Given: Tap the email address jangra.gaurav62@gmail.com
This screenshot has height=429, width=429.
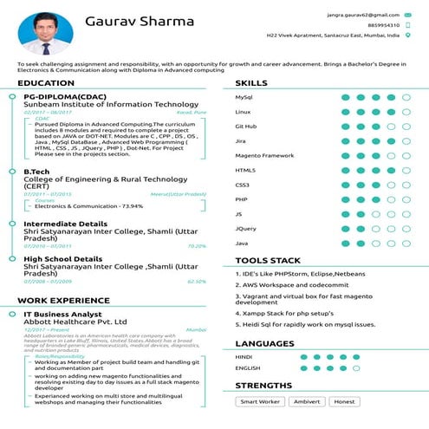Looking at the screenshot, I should click(x=357, y=15).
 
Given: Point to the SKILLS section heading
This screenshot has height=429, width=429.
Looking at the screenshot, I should click(x=251, y=83).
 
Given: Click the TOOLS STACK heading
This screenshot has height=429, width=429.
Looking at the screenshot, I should click(x=268, y=260).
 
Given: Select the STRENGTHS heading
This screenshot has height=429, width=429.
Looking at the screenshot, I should click(x=263, y=385).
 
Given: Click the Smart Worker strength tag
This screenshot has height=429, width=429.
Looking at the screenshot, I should click(x=260, y=401).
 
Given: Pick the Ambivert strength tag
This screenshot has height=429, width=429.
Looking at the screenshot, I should click(x=306, y=401).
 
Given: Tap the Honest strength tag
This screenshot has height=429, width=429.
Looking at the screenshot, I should click(x=345, y=401).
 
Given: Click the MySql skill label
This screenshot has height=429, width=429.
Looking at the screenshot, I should click(x=244, y=97).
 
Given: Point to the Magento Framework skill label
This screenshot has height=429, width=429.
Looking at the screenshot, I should click(x=264, y=155).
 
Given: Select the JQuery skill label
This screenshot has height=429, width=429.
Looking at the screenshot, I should click(x=245, y=229).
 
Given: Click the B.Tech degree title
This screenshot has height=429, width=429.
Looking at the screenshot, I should click(x=39, y=172).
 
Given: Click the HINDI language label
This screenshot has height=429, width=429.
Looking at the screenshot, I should click(x=244, y=356).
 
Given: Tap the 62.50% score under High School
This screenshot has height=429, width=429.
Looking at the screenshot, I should click(x=197, y=281).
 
